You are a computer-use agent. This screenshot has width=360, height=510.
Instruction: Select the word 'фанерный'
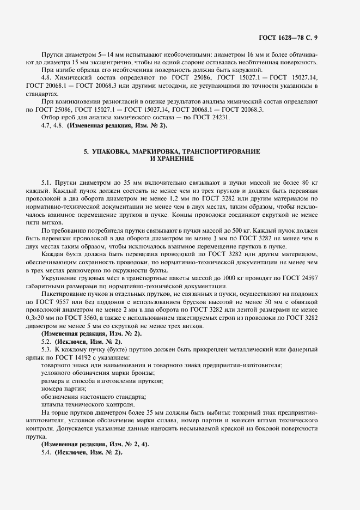[x=303, y=348]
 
